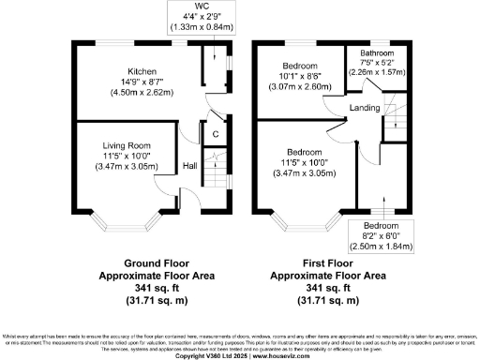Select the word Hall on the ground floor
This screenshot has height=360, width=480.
pos(189,165)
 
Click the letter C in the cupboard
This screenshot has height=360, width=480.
pos(215,135)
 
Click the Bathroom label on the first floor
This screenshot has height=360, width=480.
pos(376,53)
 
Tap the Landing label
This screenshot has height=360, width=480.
pos(363,108)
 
